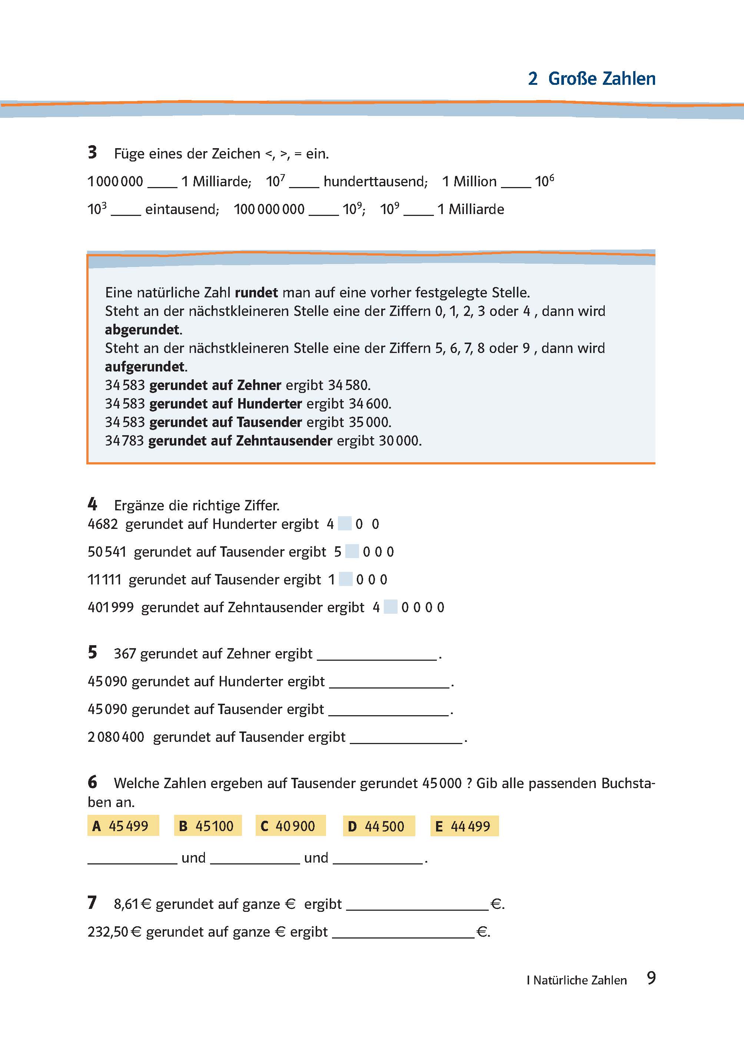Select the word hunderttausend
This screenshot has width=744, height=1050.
tap(375, 182)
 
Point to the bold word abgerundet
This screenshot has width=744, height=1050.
tap(142, 330)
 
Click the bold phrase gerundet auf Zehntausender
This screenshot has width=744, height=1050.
tap(240, 441)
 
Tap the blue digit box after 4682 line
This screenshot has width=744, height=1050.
tap(345, 523)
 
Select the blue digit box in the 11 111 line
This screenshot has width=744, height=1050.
tap(346, 579)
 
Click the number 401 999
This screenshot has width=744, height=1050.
tap(110, 607)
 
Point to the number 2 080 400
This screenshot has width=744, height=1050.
tap(116, 737)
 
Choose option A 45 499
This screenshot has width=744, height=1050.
tap(123, 826)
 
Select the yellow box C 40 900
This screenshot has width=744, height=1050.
tap(290, 826)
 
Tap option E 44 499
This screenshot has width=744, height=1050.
tap(464, 826)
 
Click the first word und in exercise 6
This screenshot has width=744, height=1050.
tap(193, 858)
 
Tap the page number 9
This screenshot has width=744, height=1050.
tap(651, 978)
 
